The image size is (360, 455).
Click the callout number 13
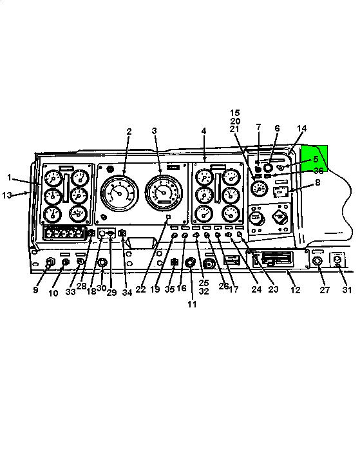[6, 195]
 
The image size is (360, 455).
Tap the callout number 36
[319, 171]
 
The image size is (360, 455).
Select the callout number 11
[192, 304]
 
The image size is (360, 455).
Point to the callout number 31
[347, 289]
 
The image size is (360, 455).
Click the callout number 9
[35, 290]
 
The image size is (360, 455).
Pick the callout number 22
[141, 289]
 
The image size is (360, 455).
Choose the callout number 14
[302, 128]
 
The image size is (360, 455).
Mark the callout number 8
[317, 182]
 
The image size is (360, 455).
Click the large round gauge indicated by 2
[119, 193]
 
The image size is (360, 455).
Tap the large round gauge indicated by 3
[164, 193]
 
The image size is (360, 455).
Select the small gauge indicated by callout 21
[259, 189]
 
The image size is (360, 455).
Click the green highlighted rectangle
[314, 159]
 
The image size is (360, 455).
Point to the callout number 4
[204, 131]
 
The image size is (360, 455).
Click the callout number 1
[9, 177]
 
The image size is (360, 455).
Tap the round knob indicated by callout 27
[317, 261]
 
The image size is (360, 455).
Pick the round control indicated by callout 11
[190, 263]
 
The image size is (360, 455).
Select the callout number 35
[169, 289]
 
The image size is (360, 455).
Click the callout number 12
[296, 289]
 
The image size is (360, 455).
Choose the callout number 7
[258, 127]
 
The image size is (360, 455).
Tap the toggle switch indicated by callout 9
[50, 262]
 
